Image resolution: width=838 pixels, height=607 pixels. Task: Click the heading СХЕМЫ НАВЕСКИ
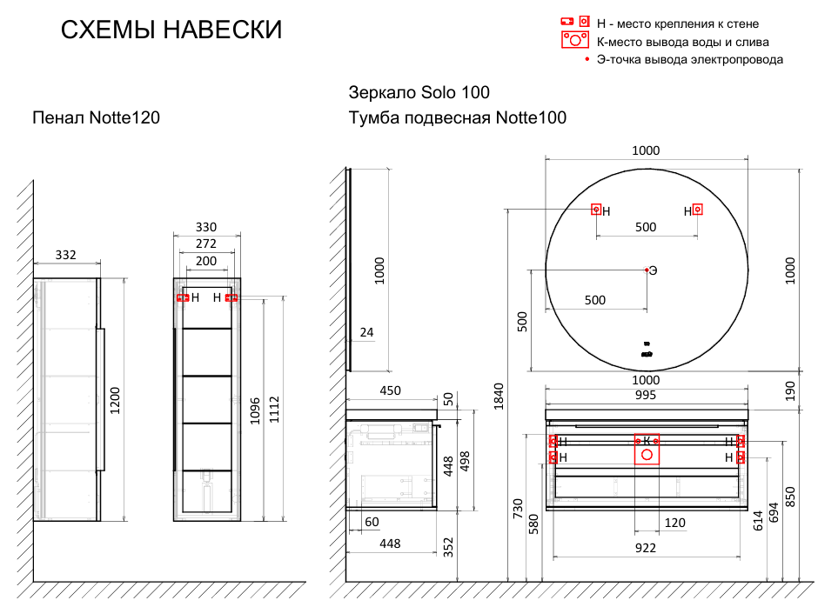pyautogui.click(x=171, y=30)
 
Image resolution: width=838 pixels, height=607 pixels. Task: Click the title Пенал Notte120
pyautogui.click(x=96, y=117)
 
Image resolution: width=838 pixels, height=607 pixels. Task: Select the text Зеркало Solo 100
pyautogui.click(x=419, y=92)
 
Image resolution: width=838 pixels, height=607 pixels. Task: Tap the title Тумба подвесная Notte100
pyautogui.click(x=457, y=117)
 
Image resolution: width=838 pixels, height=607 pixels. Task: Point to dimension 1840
pyautogui.click(x=499, y=397)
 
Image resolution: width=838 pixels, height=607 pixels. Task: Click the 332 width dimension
pyautogui.click(x=66, y=255)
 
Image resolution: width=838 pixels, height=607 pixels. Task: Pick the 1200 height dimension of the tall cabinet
pyautogui.click(x=115, y=399)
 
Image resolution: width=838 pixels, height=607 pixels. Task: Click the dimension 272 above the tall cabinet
pyautogui.click(x=205, y=244)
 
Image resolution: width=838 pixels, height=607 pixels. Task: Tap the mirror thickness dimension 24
pyautogui.click(x=366, y=332)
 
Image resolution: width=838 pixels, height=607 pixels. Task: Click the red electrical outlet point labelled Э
pyautogui.click(x=647, y=270)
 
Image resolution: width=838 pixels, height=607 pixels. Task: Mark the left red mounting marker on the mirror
pyautogui.click(x=596, y=210)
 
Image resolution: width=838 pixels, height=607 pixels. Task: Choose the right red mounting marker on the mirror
pyautogui.click(x=697, y=210)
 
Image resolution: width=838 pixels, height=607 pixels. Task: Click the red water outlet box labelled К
pyautogui.click(x=647, y=449)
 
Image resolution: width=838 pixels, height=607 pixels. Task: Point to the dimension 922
pyautogui.click(x=645, y=548)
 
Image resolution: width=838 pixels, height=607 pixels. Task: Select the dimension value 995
pyautogui.click(x=645, y=395)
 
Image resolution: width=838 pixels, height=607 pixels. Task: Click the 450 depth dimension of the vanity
pyautogui.click(x=391, y=390)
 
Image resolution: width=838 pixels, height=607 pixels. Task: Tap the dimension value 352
pyautogui.click(x=449, y=546)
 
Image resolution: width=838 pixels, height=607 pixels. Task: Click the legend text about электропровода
pyautogui.click(x=690, y=59)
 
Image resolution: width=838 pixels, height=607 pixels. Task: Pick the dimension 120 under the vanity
pyautogui.click(x=674, y=523)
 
